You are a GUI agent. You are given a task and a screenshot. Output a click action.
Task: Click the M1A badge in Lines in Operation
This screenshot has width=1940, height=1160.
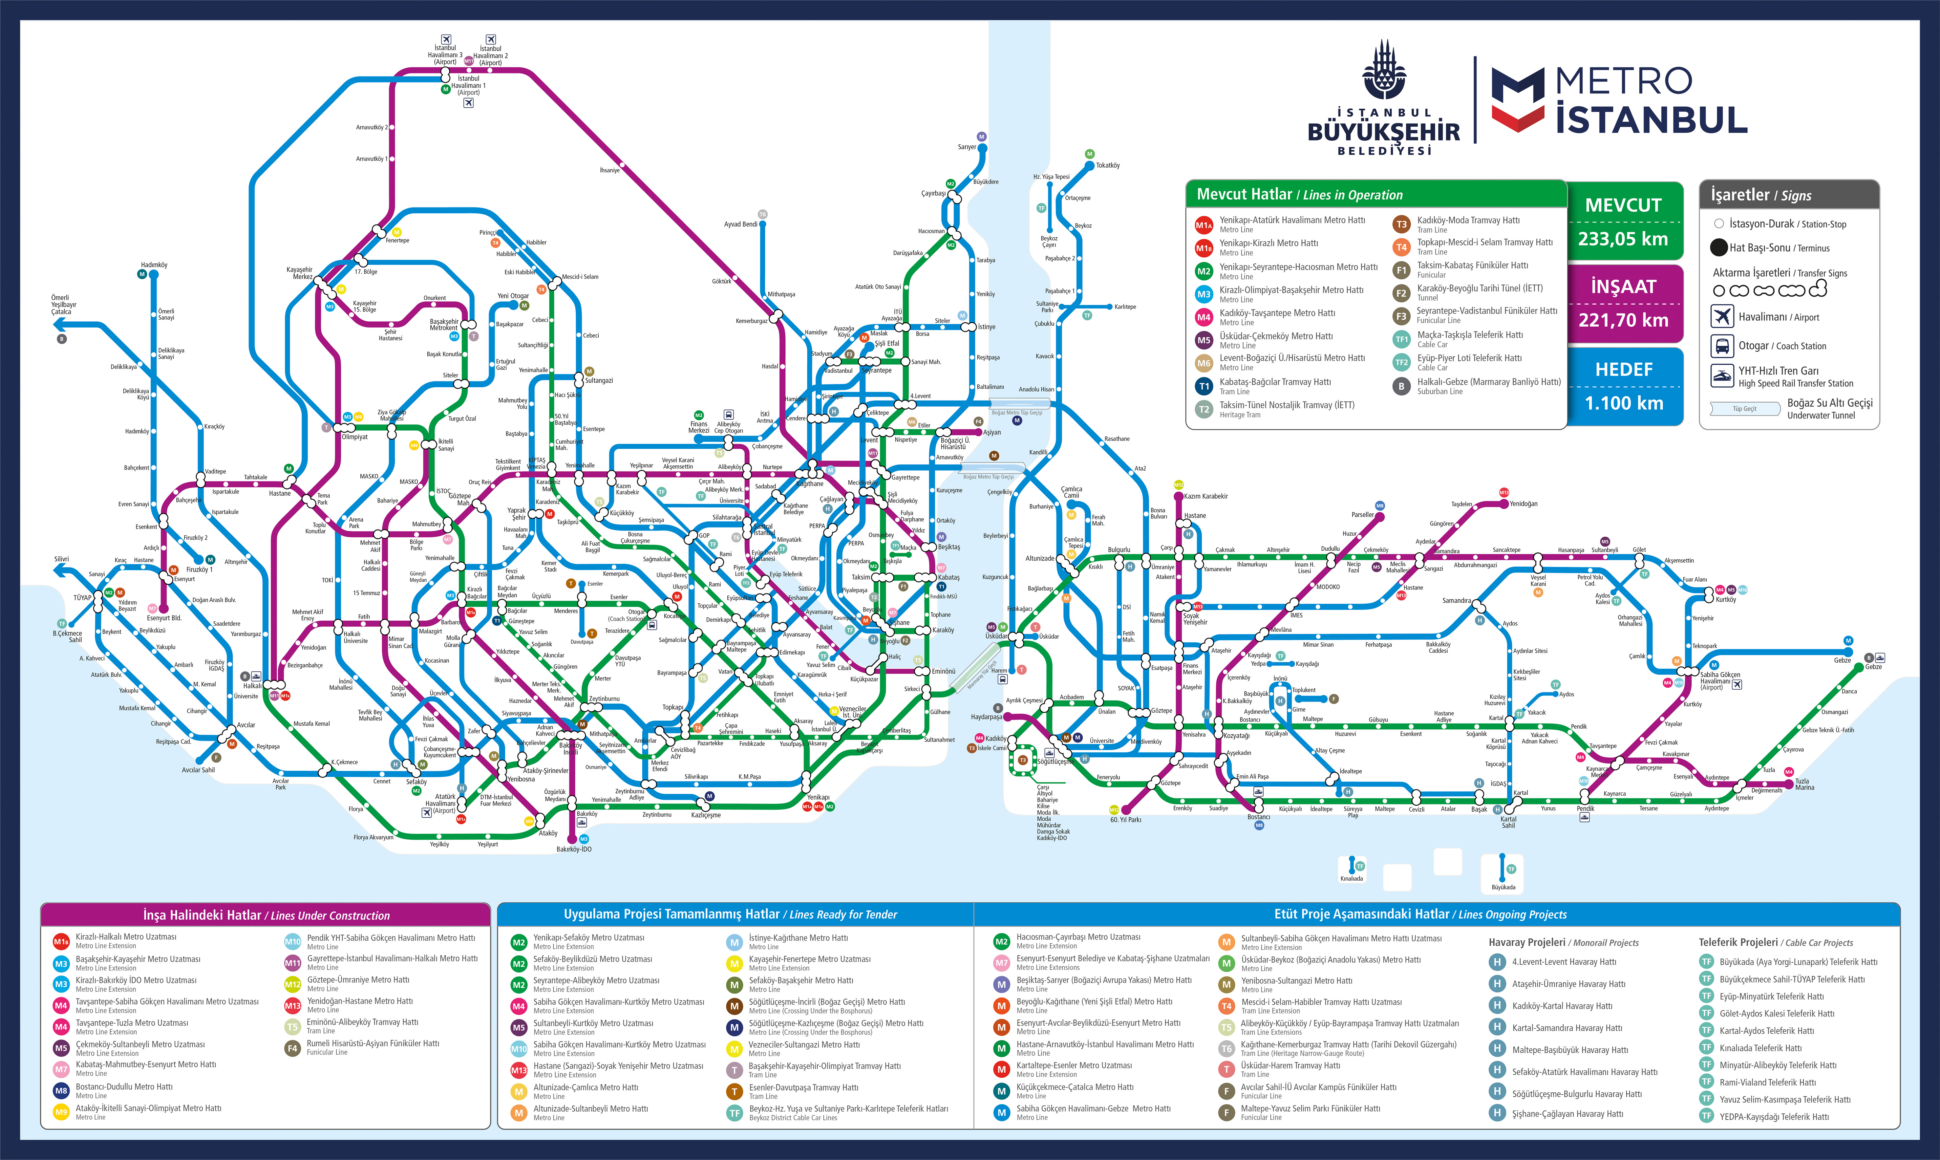1203,225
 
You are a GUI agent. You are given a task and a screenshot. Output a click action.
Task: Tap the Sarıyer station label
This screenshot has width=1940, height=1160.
967,147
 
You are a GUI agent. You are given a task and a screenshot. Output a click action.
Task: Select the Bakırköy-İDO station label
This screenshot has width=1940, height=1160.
574,849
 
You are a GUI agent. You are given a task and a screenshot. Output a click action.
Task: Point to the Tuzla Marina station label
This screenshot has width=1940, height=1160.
1804,784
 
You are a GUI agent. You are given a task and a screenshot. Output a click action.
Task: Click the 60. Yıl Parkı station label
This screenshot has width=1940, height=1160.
1126,820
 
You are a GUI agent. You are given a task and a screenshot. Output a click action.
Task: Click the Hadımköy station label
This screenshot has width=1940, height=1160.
154,265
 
